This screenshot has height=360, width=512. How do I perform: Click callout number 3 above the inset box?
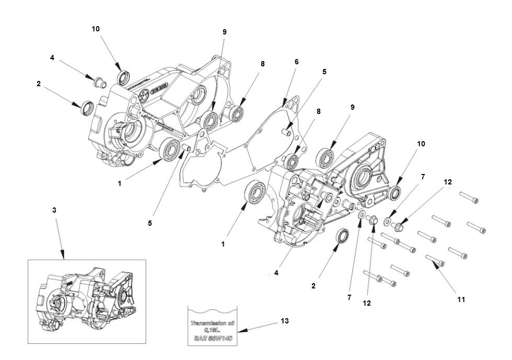point(54,210)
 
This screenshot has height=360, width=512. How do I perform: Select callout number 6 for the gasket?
point(296,62)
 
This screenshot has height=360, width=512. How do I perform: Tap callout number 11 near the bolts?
point(461,299)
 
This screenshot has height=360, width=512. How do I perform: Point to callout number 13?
point(284,320)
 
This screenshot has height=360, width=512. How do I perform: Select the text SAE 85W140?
point(212,339)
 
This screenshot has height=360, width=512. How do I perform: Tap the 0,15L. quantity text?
point(212,331)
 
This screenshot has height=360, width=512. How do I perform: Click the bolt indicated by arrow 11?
point(435,260)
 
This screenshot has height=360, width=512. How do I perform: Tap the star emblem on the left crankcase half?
point(142,95)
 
